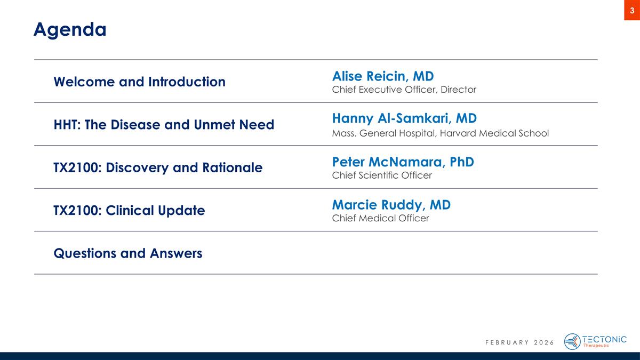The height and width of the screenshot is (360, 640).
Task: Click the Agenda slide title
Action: click(70, 29)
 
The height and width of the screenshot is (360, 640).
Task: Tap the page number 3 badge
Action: click(632, 10)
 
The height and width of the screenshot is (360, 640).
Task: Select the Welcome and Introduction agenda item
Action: click(139, 82)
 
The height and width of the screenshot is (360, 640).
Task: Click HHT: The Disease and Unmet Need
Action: click(164, 125)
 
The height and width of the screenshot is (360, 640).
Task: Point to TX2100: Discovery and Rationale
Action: click(158, 167)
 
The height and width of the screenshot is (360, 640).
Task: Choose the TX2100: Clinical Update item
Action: click(129, 210)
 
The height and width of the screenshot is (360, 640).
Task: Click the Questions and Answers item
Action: click(128, 253)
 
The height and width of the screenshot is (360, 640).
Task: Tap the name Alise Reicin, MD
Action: click(382, 75)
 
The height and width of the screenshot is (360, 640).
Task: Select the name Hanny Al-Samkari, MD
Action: click(404, 118)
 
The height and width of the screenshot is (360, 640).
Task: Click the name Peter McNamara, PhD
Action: click(403, 161)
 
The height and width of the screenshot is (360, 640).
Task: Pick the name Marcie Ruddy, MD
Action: click(391, 204)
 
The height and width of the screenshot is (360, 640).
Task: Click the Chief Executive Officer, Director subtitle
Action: click(404, 90)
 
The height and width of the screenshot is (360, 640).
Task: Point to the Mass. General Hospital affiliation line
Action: click(440, 133)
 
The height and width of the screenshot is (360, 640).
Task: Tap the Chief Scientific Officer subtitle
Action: click(382, 175)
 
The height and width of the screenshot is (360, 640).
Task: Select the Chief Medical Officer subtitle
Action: click(380, 218)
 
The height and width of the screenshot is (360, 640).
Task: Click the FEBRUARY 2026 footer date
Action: click(519, 342)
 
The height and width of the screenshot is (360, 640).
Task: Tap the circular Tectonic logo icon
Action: click(572, 341)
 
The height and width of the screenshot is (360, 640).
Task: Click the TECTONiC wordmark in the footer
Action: click(605, 339)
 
